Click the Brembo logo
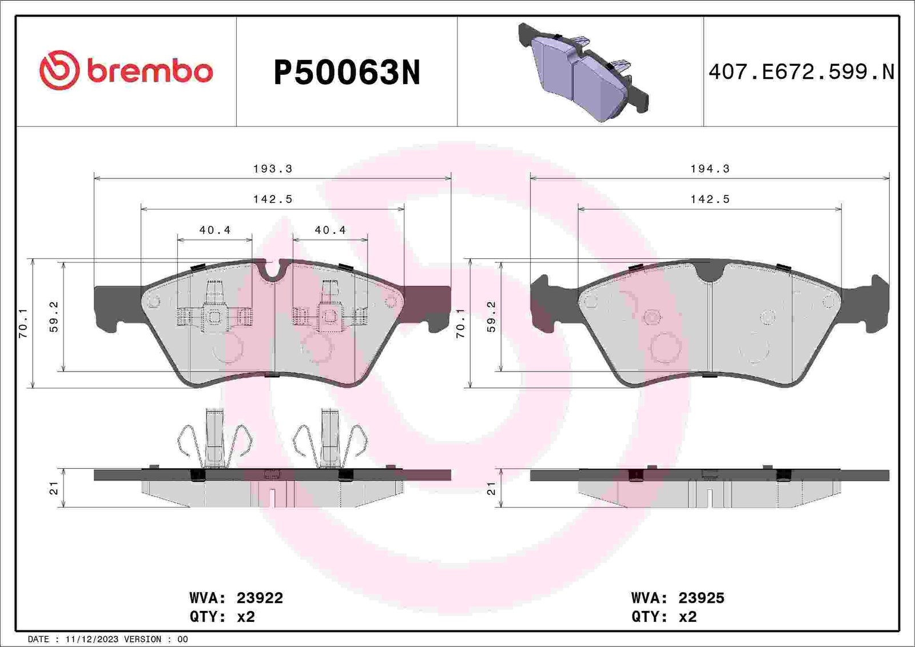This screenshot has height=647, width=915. point(126,70)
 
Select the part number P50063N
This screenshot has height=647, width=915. point(347,73)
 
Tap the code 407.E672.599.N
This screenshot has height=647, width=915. point(801,72)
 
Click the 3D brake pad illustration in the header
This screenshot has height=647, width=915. point(583,72)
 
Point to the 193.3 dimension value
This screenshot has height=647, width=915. point(272,169)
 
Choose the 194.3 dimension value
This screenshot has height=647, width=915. point(710,169)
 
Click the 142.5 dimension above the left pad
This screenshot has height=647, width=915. point(272,199)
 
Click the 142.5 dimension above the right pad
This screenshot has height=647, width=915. point(710,199)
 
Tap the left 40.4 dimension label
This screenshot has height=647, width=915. point(215,230)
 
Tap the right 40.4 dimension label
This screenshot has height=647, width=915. point(330,230)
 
